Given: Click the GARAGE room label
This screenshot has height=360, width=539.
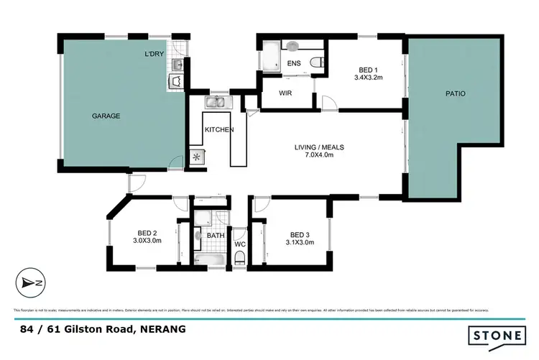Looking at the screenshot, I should [x=106, y=116].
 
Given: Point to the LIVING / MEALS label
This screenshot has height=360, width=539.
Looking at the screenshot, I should [x=320, y=147].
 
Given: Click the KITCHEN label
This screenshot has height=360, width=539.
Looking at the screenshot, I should [x=218, y=129].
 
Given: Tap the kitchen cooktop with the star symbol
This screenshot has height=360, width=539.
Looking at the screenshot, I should [x=195, y=155].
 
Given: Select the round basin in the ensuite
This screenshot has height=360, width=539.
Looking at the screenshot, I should [x=292, y=46].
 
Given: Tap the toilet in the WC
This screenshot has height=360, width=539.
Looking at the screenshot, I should [x=239, y=260].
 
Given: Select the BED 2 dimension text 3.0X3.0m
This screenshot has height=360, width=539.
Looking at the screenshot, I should [x=147, y=241].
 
